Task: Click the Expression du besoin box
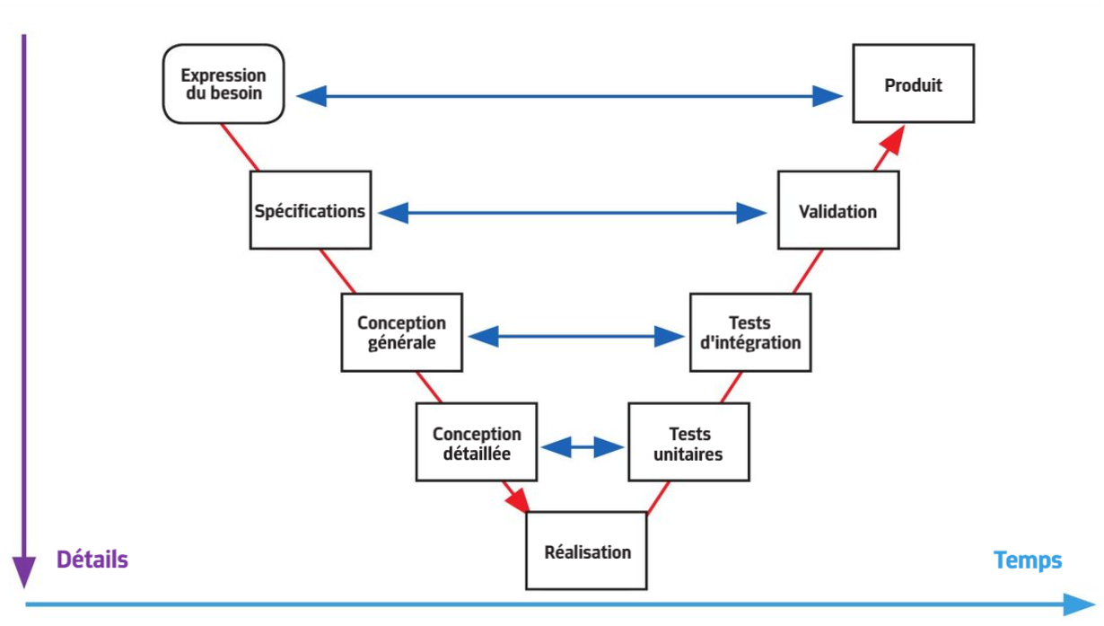pos(223,84)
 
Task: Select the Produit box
pos(913,84)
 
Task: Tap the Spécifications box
pos(311,210)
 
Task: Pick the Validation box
pos(838,210)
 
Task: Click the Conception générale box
pos(402,332)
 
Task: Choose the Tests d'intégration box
pos(750,332)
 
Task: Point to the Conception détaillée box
pos(477,442)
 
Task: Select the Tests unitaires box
pos(688,442)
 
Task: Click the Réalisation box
pos(586,551)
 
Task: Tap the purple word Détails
pos(92,560)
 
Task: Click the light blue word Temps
pos(1028,560)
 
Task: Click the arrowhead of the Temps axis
pos(1080,604)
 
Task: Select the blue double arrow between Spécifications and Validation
pos(573,213)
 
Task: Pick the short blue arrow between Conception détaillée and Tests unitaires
pos(583,447)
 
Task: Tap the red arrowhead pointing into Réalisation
pos(518,500)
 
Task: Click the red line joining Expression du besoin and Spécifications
pos(240,147)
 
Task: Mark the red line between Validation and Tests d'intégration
pos(808,271)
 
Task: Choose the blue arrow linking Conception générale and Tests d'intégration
pos(576,337)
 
